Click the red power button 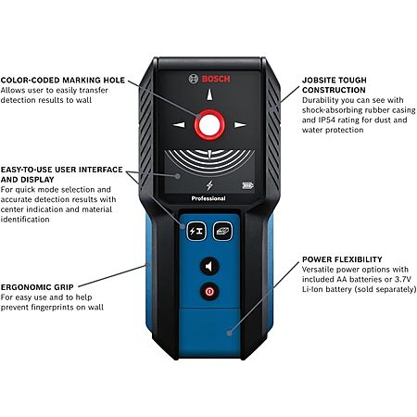pyautogui.click(x=209, y=291)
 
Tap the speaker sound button pyautogui.click(x=209, y=266)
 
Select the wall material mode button pyautogui.click(x=222, y=231)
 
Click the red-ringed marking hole pyautogui.click(x=209, y=125)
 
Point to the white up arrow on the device pyautogui.click(x=209, y=95)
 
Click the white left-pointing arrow pyautogui.click(x=179, y=125)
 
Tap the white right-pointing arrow pyautogui.click(x=240, y=125)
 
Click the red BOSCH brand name pyautogui.click(x=216, y=79)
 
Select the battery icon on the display pyautogui.click(x=247, y=185)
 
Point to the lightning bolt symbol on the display pyautogui.click(x=209, y=185)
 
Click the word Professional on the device pyautogui.click(x=208, y=198)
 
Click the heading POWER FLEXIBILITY pyautogui.click(x=342, y=259)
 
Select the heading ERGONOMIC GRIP pyautogui.click(x=37, y=287)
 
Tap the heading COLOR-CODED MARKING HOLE pyautogui.click(x=63, y=80)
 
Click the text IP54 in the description pyautogui.click(x=328, y=120)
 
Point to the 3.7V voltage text pyautogui.click(x=403, y=279)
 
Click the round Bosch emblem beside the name pyautogui.click(x=194, y=79)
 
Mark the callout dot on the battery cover pyautogui.click(x=229, y=333)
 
